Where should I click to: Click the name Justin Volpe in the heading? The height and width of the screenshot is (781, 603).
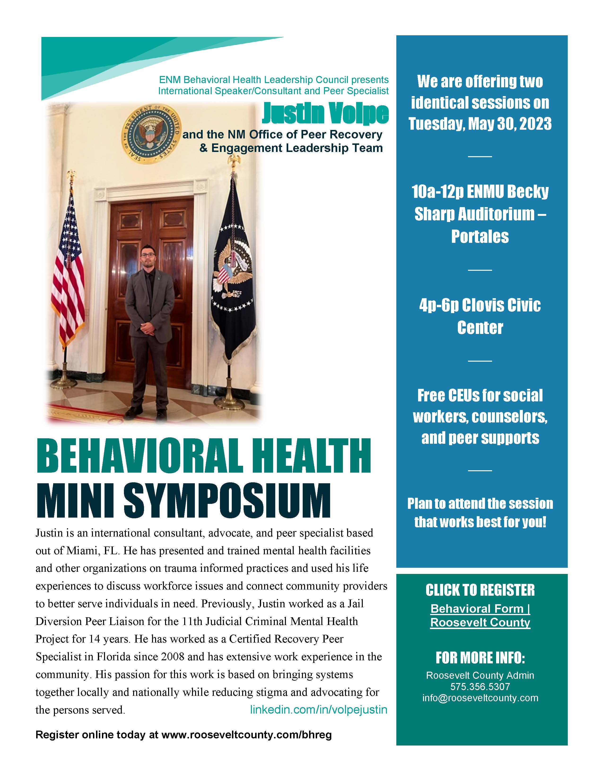[x=325, y=113]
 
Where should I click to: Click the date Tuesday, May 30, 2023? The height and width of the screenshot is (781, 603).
[x=480, y=124]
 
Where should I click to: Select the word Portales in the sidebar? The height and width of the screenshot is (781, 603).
[x=480, y=236]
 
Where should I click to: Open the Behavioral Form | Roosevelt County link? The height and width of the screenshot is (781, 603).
[x=480, y=615]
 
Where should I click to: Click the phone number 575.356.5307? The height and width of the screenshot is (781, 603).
[x=480, y=687]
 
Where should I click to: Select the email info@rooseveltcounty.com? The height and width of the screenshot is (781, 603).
[x=480, y=698]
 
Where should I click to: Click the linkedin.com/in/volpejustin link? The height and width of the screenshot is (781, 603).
[x=318, y=710]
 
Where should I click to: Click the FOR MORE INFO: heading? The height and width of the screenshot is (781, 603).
[x=480, y=658]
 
